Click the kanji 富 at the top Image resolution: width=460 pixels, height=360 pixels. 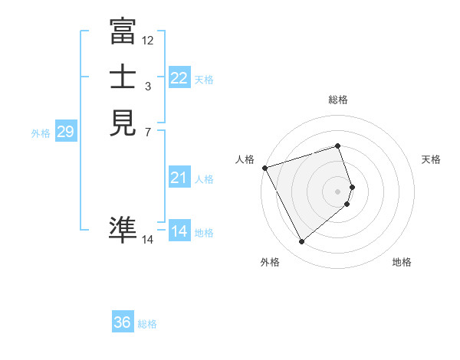pos(123,33)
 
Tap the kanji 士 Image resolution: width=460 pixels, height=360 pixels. pos(123,78)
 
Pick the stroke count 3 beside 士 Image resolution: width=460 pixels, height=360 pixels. pos(148,86)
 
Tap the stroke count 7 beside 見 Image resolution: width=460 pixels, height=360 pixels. pos(148,132)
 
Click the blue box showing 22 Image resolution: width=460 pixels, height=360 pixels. pos(179,78)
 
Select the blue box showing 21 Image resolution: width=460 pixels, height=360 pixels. pos(179,178)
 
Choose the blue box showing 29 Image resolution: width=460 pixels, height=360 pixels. pos(65,133)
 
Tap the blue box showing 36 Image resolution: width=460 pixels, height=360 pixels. pos(123,323)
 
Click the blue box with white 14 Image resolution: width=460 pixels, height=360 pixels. pos(179,231)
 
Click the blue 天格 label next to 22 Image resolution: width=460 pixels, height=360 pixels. pos(204,80)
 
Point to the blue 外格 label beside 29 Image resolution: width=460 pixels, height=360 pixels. pos(41,133)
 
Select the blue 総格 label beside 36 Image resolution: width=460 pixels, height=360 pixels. pos(147,324)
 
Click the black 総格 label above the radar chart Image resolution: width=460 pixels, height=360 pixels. pos(338,100)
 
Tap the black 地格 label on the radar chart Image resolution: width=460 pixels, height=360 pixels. pos(402,262)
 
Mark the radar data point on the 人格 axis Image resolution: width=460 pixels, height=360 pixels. pos(264,168)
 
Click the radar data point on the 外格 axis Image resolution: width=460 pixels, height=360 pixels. pos(301,242)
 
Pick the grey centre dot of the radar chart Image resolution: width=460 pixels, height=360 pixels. pos(338,191)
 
